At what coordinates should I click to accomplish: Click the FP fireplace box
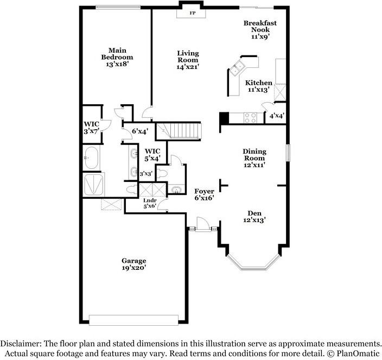[192, 12]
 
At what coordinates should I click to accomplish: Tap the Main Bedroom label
[117, 57]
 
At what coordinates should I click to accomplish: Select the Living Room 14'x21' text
[188, 60]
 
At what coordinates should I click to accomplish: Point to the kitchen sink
[238, 68]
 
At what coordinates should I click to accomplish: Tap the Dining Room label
[254, 158]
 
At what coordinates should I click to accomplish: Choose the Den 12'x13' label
[254, 216]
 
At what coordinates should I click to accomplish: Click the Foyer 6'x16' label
[205, 195]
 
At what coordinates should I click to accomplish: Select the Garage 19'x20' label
[133, 264]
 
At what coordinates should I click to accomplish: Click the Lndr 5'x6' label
[149, 203]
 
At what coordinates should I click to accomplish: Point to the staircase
[179, 131]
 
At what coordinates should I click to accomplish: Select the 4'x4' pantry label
[277, 116]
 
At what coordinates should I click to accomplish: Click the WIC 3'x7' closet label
[91, 127]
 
